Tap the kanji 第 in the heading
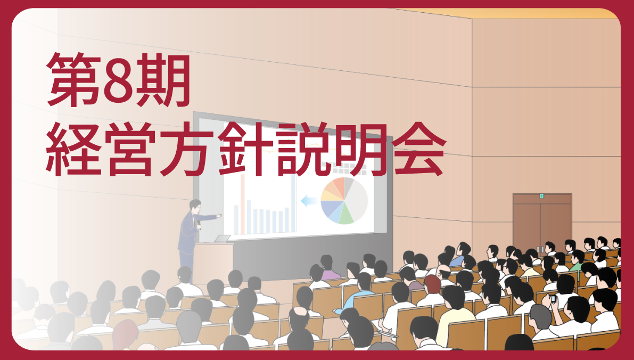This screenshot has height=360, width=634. tap(73, 80)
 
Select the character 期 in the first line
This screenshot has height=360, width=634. tap(163, 80)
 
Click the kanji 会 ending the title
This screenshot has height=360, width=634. tap(419, 149)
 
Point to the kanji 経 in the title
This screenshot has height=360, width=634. tap(73, 149)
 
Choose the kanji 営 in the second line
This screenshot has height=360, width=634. tap(130, 149)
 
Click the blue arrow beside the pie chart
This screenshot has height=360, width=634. tap(309, 200)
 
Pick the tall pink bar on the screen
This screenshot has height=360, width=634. tap(243, 204)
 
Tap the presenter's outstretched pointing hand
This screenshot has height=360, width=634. tap(219, 216)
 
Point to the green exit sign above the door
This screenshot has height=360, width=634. tap(541, 196)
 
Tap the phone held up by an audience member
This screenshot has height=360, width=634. tap(553, 299)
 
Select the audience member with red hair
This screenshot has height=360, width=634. tap(432, 285)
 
